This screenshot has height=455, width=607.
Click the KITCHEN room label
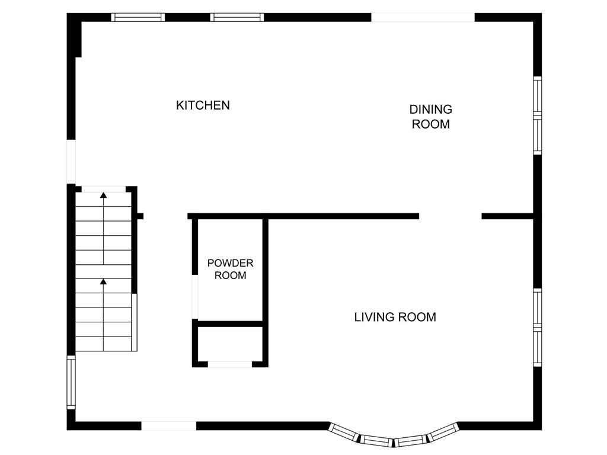(x=203, y=105)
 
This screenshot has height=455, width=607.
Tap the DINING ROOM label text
(x=431, y=117)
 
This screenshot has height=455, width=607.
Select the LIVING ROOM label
(x=395, y=318)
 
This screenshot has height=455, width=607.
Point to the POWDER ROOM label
(x=231, y=270)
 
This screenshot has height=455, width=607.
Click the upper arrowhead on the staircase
(x=103, y=195)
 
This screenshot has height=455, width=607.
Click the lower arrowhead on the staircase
(x=103, y=281)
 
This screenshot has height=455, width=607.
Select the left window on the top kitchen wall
(x=138, y=17)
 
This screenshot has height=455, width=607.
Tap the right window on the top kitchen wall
(x=237, y=17)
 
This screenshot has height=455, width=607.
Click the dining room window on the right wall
(x=537, y=116)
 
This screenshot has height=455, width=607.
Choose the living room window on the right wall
(x=537, y=327)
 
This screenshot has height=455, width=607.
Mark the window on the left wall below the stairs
(x=71, y=383)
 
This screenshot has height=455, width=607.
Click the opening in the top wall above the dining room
(x=423, y=17)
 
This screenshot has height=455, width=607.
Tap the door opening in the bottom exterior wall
(x=169, y=425)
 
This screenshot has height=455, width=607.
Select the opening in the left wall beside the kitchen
(x=71, y=162)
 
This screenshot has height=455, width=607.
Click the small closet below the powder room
(x=231, y=344)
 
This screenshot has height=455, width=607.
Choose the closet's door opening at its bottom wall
(x=230, y=364)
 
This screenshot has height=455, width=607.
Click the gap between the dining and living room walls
(x=451, y=216)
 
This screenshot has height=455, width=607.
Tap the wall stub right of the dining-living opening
(x=507, y=216)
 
